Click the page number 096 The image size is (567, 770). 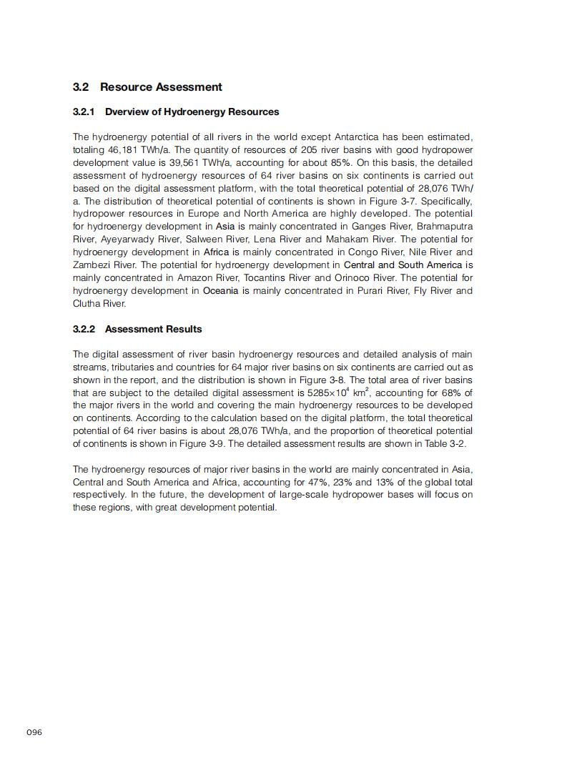point(34,732)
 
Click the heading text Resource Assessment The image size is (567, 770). point(161,87)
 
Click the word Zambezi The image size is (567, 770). point(91,265)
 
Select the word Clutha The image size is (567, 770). point(86,303)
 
